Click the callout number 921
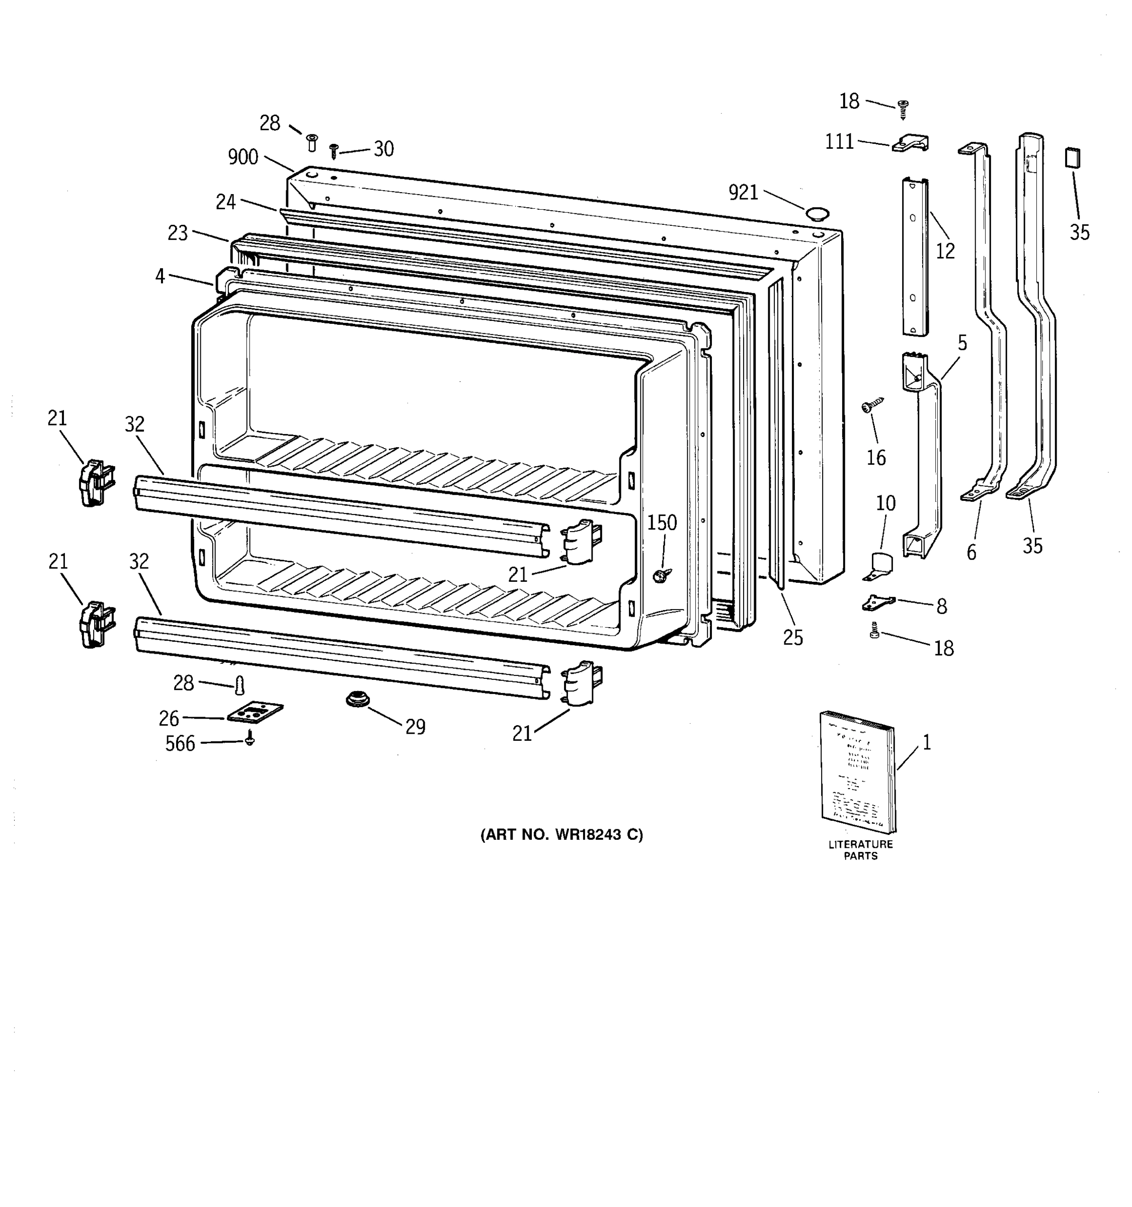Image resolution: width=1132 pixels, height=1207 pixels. point(743,193)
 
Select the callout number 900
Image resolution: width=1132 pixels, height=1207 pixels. point(243,157)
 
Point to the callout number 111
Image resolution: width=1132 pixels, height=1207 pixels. point(839,141)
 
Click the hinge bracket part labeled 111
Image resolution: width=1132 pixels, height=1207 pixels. point(910,144)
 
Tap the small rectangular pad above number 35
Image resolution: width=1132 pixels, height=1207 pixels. point(1073,158)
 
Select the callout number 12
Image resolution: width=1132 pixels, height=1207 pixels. point(945,251)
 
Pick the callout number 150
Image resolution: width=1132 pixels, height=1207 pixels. point(662,522)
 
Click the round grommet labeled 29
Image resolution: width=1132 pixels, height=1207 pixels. point(357,700)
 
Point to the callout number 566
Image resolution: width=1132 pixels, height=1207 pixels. point(181,744)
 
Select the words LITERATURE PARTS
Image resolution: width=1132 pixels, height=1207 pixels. point(860,850)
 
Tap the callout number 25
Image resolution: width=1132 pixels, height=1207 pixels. point(792,638)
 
